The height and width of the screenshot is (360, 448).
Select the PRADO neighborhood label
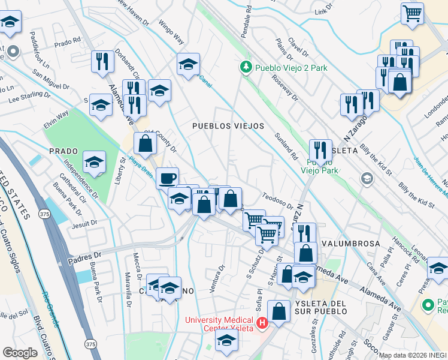(64, 151)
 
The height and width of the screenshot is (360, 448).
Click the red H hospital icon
(262, 324)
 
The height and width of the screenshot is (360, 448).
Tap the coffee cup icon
(167, 178)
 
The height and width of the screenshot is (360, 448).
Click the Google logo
(20, 353)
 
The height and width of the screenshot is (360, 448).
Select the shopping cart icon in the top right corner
(412, 13)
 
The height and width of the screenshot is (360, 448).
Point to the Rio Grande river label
(50, 309)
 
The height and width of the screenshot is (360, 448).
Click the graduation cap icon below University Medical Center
(226, 341)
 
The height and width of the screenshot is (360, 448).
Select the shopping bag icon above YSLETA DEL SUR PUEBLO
(279, 311)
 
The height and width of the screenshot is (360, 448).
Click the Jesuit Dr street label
(83, 223)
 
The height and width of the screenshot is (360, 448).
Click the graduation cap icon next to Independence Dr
(94, 161)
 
